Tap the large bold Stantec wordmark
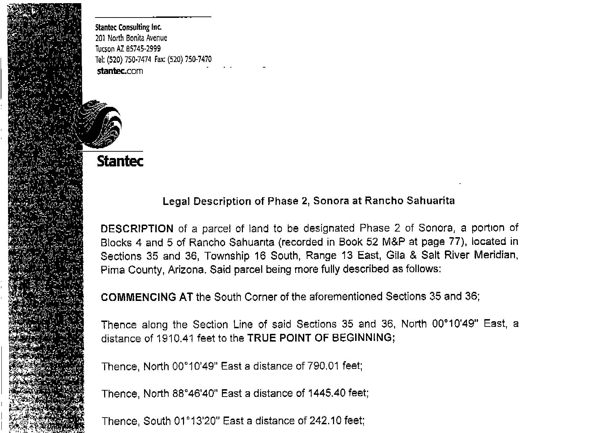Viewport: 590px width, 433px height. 120,161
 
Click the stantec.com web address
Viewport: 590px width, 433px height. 120,71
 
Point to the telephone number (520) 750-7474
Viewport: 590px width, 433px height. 129,60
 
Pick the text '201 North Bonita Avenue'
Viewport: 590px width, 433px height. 131,38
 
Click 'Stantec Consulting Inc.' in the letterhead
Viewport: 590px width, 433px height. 128,27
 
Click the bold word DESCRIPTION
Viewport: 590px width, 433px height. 137,229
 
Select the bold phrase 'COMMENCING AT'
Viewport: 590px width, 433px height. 147,297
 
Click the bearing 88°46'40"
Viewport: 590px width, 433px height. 196,393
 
